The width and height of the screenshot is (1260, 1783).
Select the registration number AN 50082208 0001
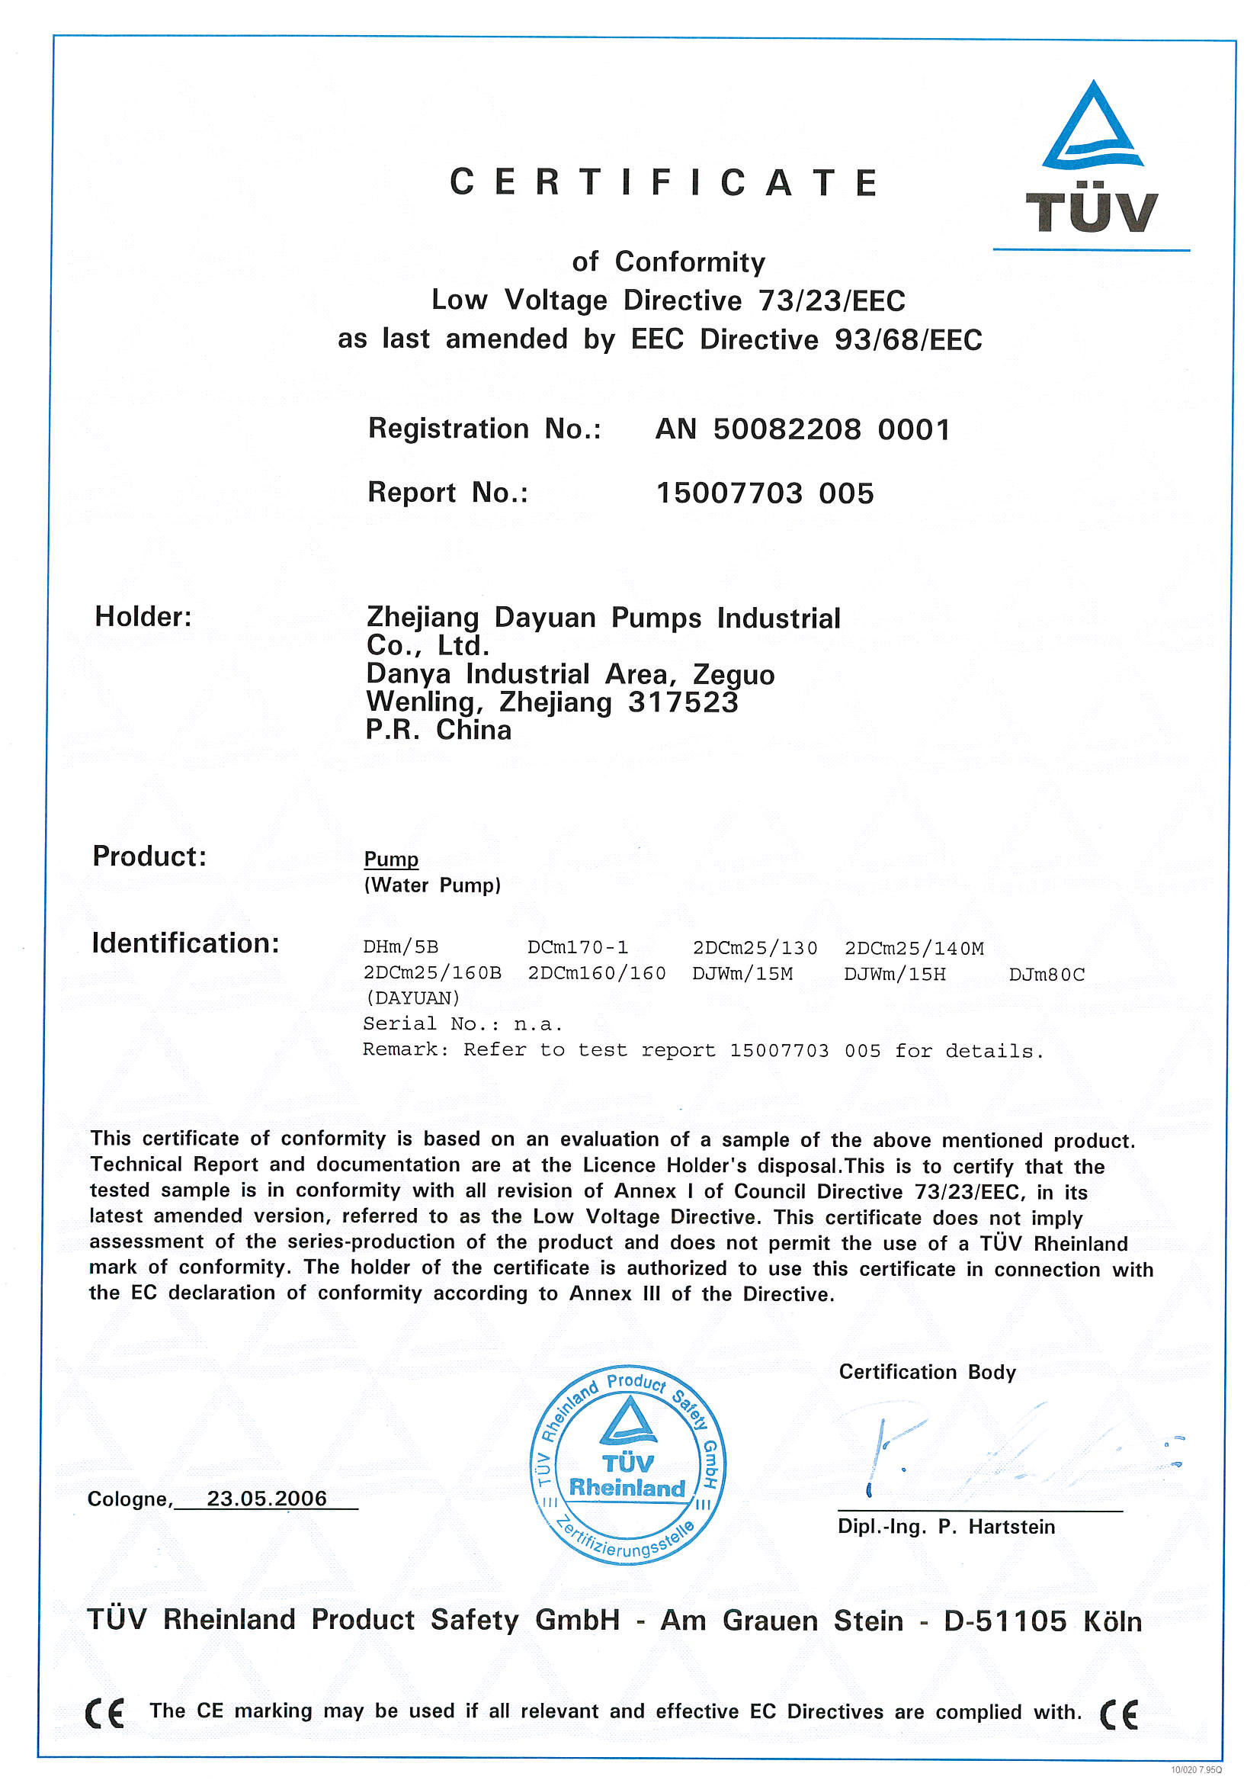click(x=802, y=429)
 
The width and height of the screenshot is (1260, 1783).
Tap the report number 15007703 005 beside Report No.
click(x=765, y=493)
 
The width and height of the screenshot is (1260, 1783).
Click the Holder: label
click(x=143, y=617)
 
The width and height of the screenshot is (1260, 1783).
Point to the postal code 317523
click(x=682, y=702)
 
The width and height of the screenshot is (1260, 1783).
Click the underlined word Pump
click(x=391, y=859)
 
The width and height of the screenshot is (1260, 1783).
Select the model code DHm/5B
click(x=401, y=947)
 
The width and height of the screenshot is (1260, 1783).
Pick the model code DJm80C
click(x=1046, y=974)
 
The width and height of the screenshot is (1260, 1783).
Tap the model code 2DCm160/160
click(x=596, y=973)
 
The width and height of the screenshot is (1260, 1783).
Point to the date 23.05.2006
click(x=266, y=1498)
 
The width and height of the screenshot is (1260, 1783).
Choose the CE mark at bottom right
click(x=1119, y=1714)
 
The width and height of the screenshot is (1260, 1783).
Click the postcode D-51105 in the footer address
click(x=1005, y=1621)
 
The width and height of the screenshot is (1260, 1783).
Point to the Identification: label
click(x=185, y=943)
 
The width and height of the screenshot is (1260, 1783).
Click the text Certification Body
click(x=927, y=1372)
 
